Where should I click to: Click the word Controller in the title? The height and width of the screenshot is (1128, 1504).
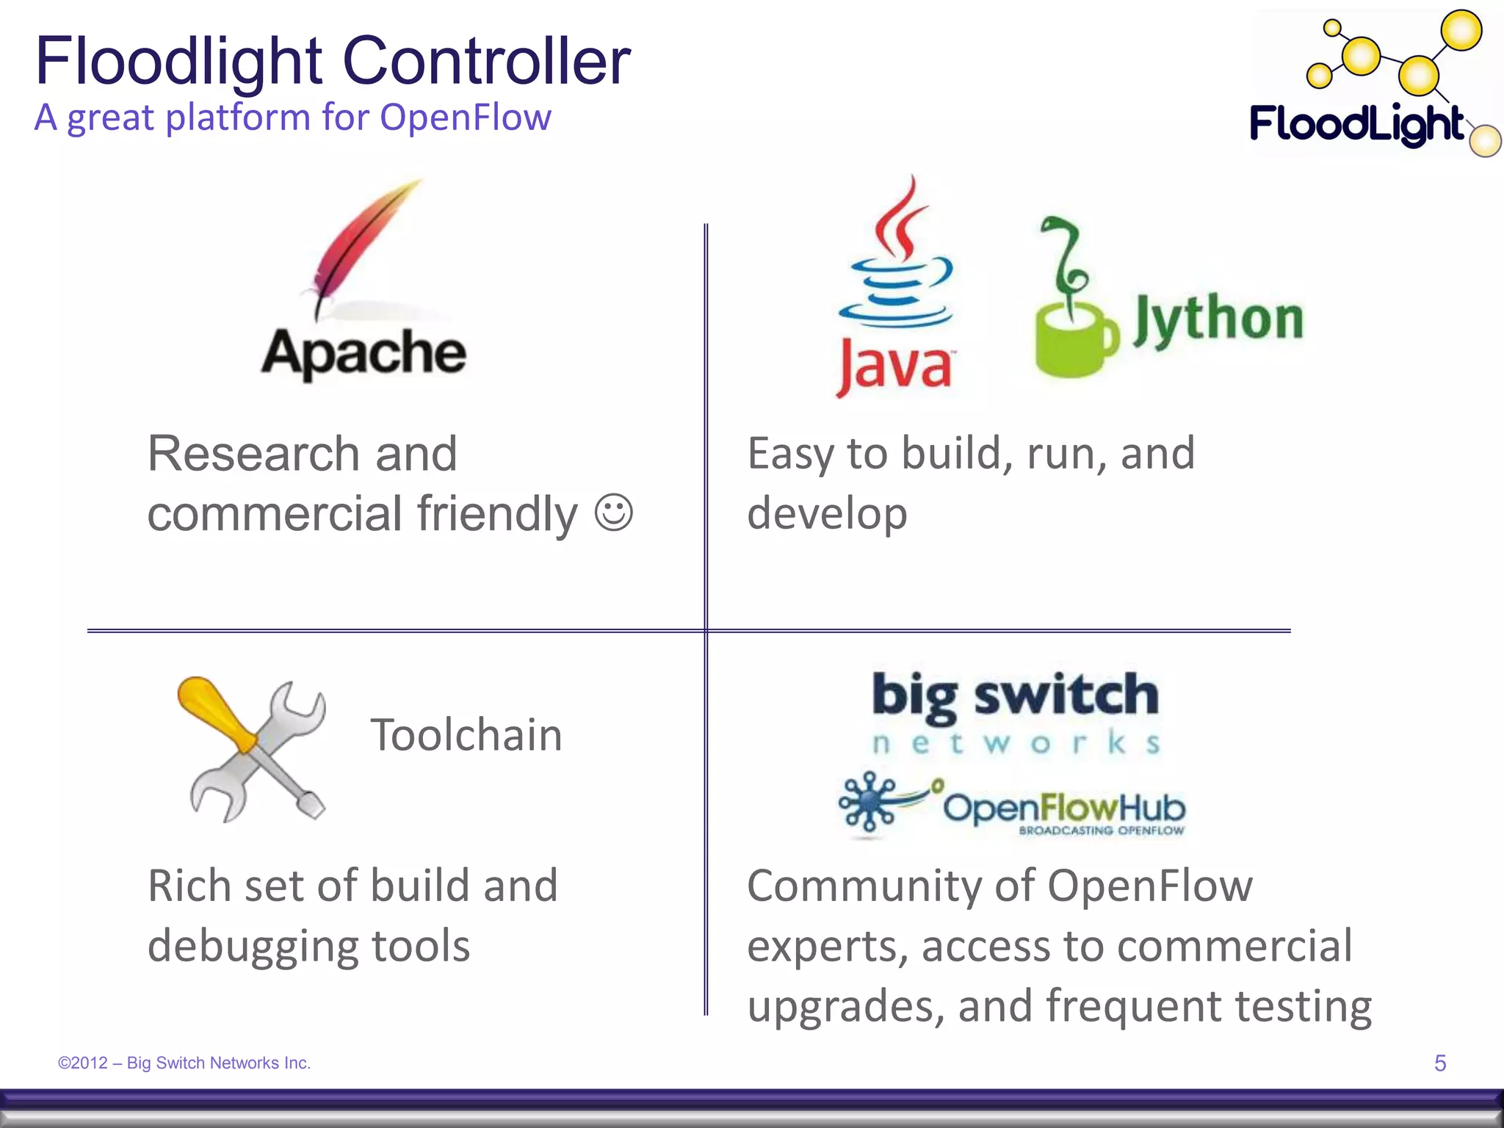point(486,62)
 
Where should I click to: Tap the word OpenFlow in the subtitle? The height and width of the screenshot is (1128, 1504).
point(465,117)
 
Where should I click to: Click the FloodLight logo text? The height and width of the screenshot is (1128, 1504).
point(1356,123)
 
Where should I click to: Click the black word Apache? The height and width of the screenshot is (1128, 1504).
point(364,353)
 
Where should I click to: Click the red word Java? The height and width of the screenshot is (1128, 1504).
point(894,366)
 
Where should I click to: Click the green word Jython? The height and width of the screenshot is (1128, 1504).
point(1218,319)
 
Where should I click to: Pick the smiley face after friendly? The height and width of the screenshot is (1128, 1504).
point(613,513)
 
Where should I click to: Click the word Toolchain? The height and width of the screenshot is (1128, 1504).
point(466,734)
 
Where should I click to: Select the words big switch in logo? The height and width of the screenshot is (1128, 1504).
point(1015,695)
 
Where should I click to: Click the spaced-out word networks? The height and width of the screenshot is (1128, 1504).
point(1015,743)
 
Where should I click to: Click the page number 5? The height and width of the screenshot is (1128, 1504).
point(1439,1063)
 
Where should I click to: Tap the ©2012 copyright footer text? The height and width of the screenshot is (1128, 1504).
point(184,1063)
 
